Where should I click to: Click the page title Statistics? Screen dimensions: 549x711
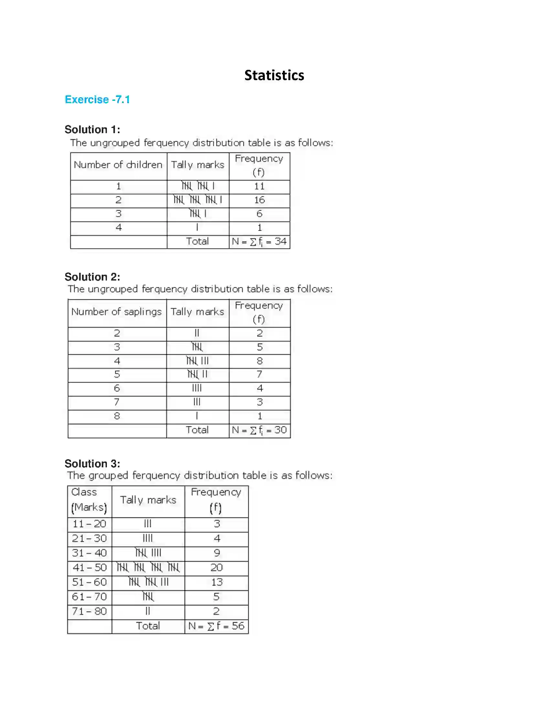tap(274, 75)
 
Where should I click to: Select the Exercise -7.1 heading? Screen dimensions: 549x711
tap(97, 99)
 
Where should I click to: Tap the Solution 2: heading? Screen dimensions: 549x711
tap(92, 277)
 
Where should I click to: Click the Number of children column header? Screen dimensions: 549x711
tap(118, 165)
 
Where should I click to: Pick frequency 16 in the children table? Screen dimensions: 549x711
tap(259, 200)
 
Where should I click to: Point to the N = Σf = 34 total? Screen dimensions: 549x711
tap(259, 241)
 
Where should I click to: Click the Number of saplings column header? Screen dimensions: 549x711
tap(117, 312)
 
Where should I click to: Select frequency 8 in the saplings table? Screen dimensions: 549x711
tap(259, 361)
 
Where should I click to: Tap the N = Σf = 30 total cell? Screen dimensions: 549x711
tap(259, 430)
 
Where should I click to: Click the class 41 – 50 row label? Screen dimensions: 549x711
tap(89, 568)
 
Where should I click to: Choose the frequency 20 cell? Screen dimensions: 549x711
tap(216, 568)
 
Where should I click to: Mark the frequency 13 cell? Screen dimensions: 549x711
tap(216, 582)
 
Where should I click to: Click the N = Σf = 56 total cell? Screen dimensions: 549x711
tap(216, 626)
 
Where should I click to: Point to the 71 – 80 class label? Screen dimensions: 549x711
tap(89, 611)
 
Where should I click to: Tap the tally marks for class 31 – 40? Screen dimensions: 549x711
tap(148, 553)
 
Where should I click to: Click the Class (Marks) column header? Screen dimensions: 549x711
tap(89, 500)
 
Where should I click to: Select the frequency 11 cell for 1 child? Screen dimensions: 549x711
tap(259, 186)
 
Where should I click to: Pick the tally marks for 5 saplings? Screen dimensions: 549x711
tap(197, 374)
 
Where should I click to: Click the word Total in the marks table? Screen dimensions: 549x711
tap(148, 626)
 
